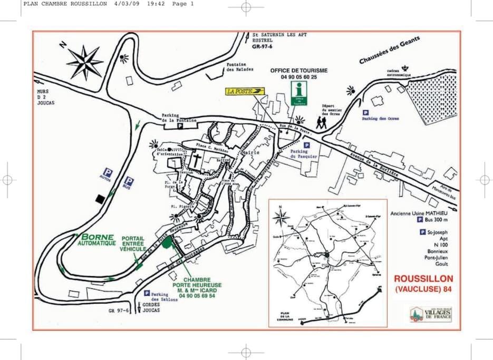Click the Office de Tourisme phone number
pos(299,77)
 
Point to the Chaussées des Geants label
pos(390,52)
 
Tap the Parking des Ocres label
pos(380,119)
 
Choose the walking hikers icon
pos(321,122)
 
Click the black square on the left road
pos(100,198)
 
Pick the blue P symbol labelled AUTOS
pos(108,172)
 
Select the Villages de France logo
pos(431,315)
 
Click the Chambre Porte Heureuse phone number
pos(197,296)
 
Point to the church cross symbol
pos(196,160)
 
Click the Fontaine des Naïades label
pos(240,67)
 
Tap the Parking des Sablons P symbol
pos(147,293)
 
